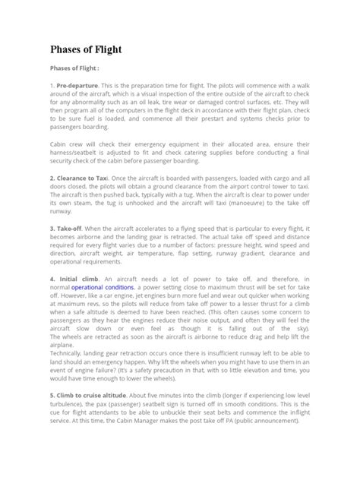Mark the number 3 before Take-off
tap(53, 249)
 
